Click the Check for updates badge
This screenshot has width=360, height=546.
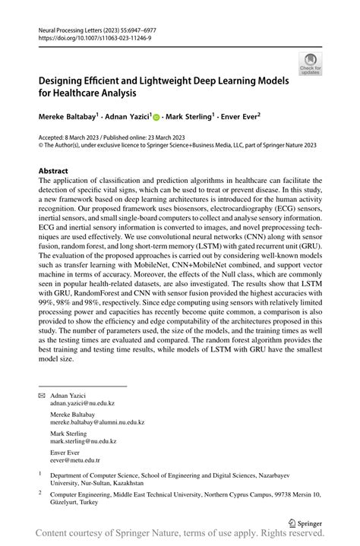309,64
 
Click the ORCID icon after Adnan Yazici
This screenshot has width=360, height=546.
156,118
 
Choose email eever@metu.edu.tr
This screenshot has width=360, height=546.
75,459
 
